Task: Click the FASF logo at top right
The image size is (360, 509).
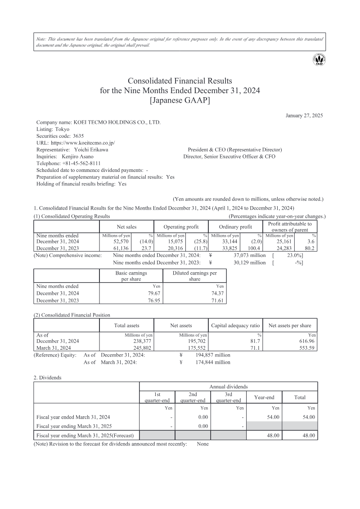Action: tap(319, 59)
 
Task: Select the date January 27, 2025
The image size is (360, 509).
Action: tap(304, 116)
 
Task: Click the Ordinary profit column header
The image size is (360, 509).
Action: tap(235, 227)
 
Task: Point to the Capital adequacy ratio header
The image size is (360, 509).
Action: tap(235, 325)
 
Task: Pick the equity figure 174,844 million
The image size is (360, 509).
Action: tap(213, 362)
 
